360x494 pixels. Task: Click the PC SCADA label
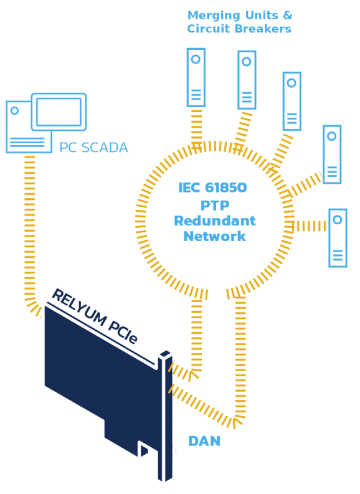(x=93, y=148)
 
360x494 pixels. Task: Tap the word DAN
(x=204, y=441)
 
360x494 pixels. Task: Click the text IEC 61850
(x=212, y=188)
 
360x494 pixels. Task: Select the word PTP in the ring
(x=215, y=206)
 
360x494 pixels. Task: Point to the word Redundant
(x=215, y=221)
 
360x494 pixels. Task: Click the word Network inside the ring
(x=214, y=236)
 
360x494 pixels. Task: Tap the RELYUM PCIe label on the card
(x=95, y=316)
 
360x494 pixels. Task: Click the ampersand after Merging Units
(x=288, y=15)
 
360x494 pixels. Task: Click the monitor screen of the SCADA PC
(x=59, y=112)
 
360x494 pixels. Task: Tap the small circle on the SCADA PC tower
(x=14, y=111)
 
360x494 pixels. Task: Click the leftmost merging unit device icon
(x=196, y=77)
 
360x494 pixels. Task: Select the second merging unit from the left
(x=247, y=80)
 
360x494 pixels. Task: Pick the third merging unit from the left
(x=292, y=101)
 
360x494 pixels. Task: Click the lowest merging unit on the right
(x=338, y=238)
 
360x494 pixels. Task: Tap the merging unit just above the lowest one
(x=332, y=154)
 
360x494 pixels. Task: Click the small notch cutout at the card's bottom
(x=143, y=449)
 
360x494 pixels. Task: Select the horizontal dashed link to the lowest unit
(x=310, y=226)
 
